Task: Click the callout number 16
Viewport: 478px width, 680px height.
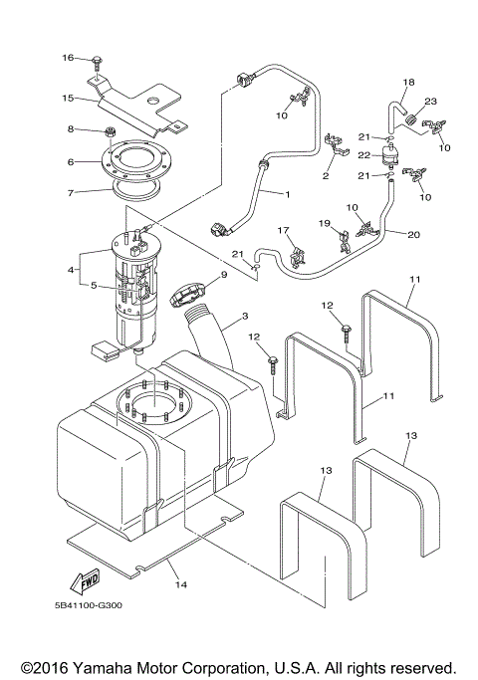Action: click(x=68, y=59)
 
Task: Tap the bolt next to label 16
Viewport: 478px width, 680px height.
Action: click(x=97, y=62)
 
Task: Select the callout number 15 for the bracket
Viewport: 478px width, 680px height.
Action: click(x=68, y=98)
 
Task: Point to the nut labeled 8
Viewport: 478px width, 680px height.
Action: click(x=112, y=132)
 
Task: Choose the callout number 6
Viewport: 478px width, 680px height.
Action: click(x=70, y=161)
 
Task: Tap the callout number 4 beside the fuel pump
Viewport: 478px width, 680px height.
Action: click(x=70, y=270)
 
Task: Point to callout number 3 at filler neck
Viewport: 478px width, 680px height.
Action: click(x=242, y=321)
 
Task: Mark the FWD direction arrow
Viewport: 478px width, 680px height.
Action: click(x=87, y=580)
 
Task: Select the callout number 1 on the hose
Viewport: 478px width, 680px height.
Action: click(x=287, y=192)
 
